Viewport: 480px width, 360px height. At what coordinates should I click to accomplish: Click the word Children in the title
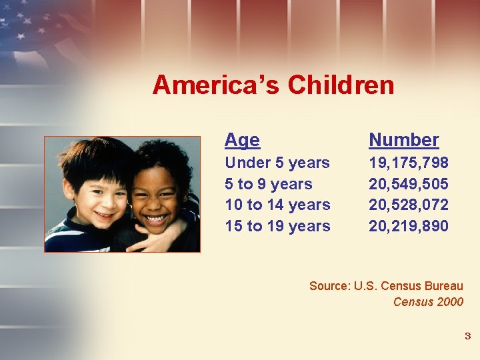click(x=341, y=85)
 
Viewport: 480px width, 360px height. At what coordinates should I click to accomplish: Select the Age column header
click(x=242, y=140)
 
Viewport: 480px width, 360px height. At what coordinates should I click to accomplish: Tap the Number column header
click(x=403, y=140)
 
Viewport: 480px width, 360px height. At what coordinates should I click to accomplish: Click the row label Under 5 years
click(x=277, y=163)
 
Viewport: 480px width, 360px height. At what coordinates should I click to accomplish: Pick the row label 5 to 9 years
click(x=269, y=184)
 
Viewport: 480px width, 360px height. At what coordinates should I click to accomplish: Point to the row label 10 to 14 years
click(x=277, y=205)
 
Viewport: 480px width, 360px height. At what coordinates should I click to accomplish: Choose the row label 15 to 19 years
click(x=277, y=226)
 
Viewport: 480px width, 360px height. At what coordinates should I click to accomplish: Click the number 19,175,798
click(x=409, y=163)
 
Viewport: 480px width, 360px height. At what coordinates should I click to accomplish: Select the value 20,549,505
click(x=409, y=184)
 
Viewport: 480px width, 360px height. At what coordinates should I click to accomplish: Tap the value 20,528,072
click(x=409, y=205)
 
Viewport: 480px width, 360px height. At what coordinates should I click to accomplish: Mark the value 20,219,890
click(x=409, y=226)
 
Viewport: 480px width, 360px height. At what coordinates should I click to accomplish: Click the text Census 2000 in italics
click(x=428, y=302)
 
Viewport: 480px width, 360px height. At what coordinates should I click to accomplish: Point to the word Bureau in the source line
click(x=443, y=286)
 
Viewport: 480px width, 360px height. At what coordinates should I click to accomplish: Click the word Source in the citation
click(x=329, y=286)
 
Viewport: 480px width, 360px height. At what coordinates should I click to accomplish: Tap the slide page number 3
click(x=467, y=336)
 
